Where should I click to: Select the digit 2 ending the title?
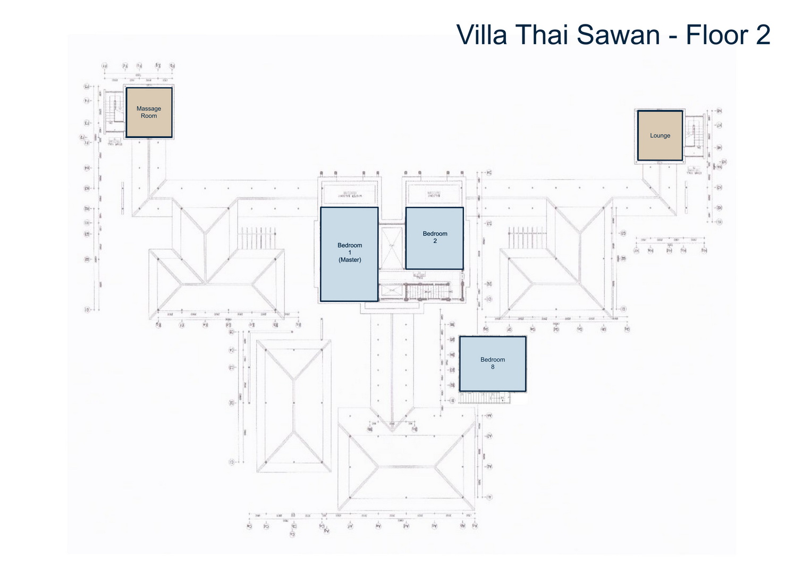pos(763,35)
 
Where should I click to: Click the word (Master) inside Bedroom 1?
pos(350,260)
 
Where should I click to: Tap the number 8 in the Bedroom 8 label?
pos(493,367)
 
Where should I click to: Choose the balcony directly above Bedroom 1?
pos(349,193)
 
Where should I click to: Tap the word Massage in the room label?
pos(149,109)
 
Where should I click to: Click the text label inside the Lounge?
pos(660,136)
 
